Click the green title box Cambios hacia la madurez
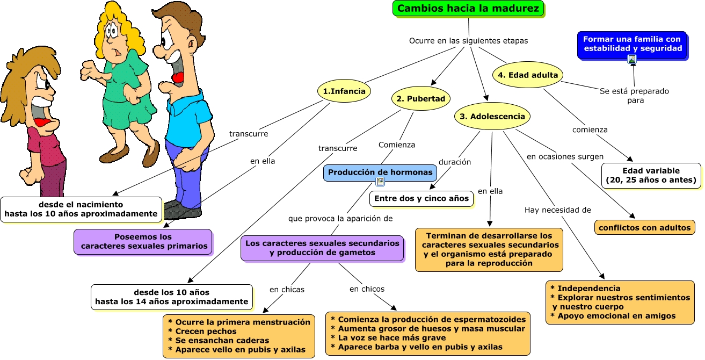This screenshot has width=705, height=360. click(468, 8)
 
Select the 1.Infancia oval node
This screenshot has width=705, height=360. click(344, 91)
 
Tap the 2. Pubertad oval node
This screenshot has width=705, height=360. click(421, 98)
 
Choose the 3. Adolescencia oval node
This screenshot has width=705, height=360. click(492, 116)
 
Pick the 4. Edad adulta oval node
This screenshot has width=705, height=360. click(527, 75)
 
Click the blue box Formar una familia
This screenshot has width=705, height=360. click(632, 45)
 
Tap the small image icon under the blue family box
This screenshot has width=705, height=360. click(632, 59)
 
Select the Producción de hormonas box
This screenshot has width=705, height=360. click(380, 172)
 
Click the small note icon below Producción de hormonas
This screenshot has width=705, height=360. click(380, 182)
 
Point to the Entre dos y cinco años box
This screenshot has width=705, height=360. click(421, 199)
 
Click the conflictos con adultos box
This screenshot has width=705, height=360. click(644, 227)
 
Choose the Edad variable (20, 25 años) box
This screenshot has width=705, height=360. click(651, 176)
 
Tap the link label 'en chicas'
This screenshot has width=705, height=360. click(287, 290)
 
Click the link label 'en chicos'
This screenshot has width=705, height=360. click(367, 289)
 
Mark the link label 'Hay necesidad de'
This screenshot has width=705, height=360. click(558, 210)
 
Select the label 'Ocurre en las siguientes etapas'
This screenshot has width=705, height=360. click(468, 41)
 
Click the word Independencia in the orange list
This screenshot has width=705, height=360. click(589, 288)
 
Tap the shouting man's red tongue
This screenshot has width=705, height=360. click(178, 78)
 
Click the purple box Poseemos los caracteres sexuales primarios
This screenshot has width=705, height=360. click(143, 242)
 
